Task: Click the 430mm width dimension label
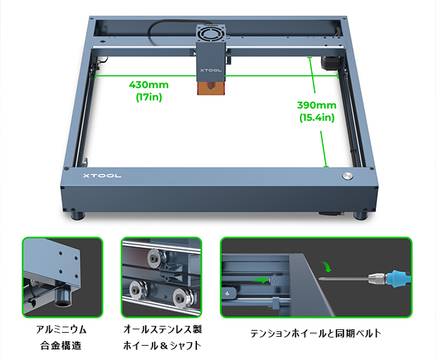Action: (149, 85)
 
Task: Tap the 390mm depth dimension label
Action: (317, 105)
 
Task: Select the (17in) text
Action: (149, 97)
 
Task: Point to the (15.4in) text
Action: (317, 117)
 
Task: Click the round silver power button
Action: (347, 176)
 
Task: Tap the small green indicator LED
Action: (332, 176)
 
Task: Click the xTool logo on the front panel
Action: (102, 175)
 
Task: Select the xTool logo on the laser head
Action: (211, 70)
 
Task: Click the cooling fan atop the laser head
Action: (211, 34)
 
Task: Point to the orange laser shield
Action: (211, 88)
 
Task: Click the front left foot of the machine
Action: (78, 215)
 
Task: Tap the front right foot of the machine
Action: (360, 215)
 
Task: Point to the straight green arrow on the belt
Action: (260, 280)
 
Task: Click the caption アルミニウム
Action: (61, 330)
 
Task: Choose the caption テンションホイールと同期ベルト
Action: (315, 333)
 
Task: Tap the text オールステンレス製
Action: (162, 329)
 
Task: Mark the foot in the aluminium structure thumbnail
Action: (63, 297)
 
